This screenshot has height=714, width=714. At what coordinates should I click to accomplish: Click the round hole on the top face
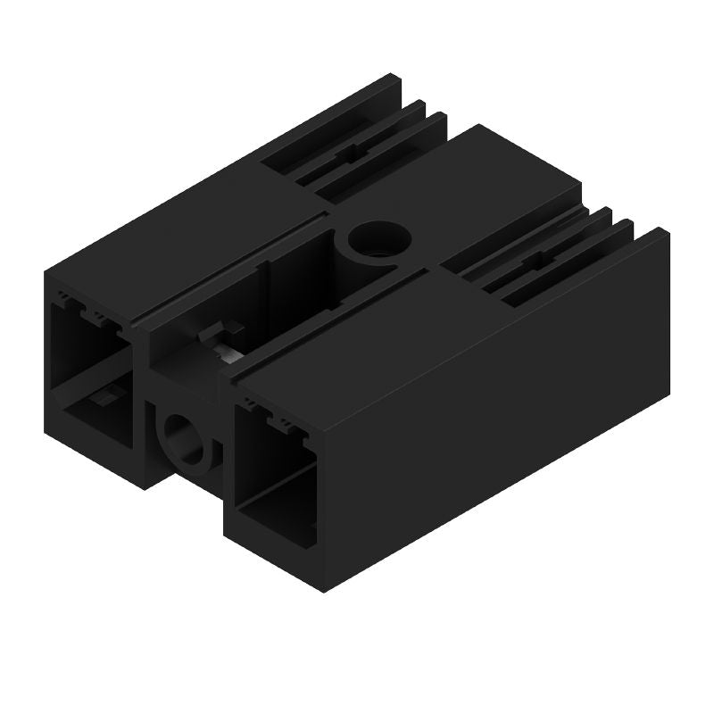point(379,239)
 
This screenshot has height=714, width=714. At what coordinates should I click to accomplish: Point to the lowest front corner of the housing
point(321,592)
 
